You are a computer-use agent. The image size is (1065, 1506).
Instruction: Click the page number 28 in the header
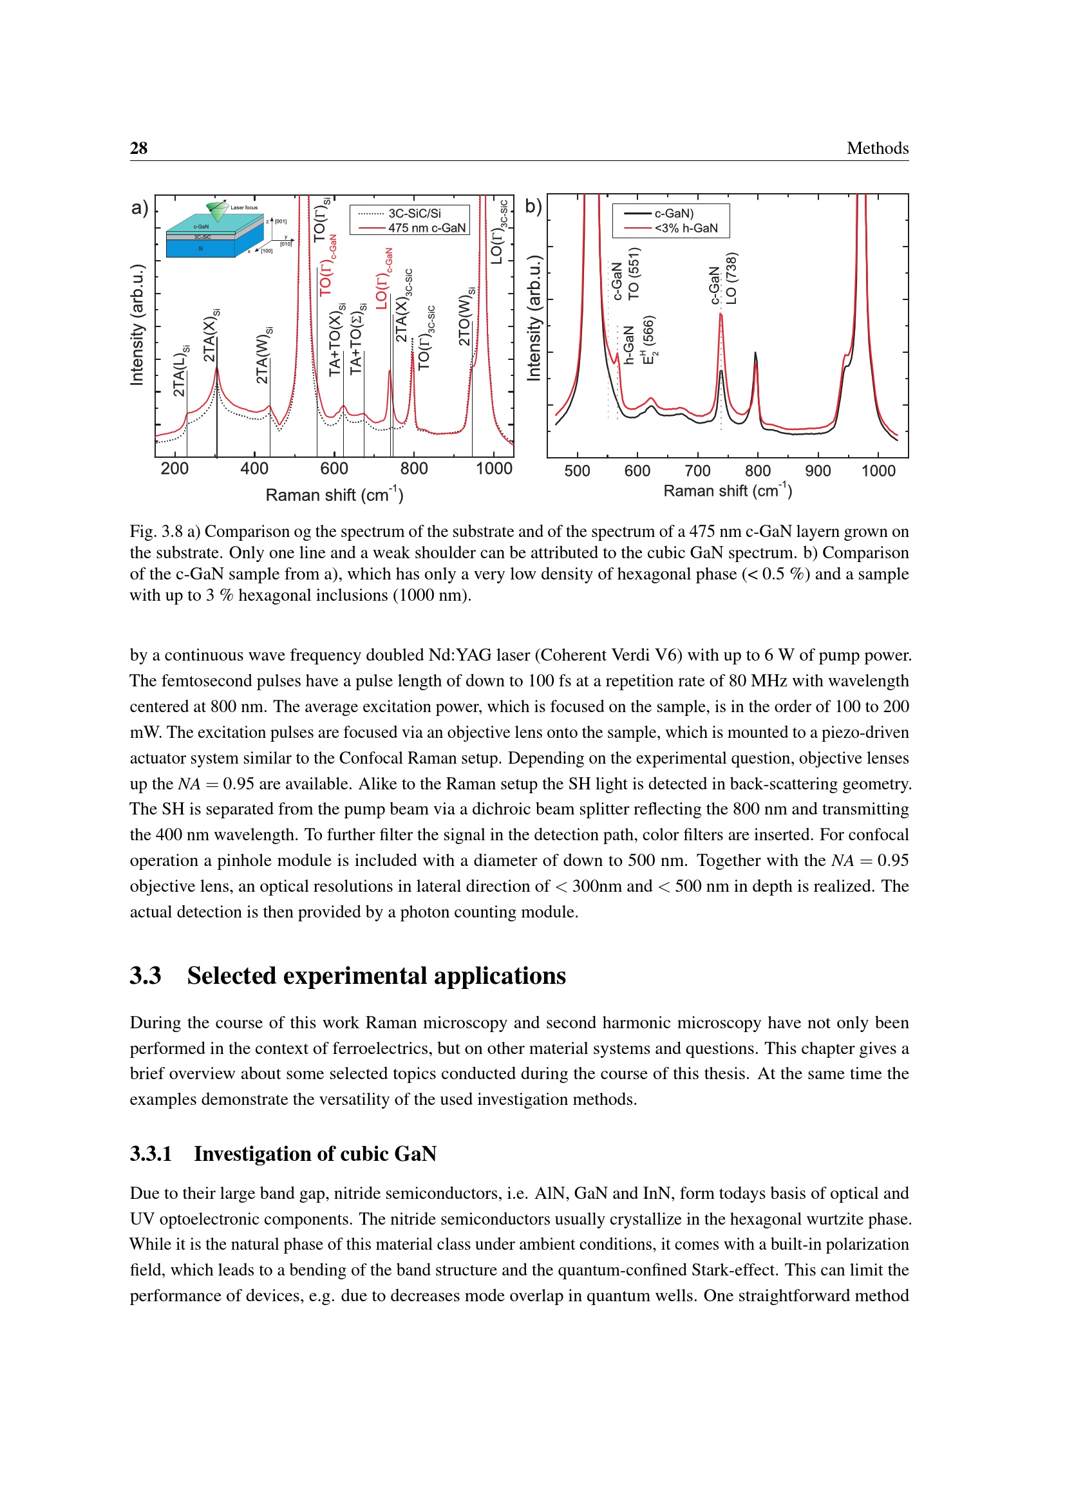pos(138,148)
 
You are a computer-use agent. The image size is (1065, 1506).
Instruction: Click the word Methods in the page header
pos(877,148)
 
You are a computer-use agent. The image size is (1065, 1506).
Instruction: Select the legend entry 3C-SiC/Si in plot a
pos(415,213)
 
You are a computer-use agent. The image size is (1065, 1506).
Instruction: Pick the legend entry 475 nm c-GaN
pos(426,227)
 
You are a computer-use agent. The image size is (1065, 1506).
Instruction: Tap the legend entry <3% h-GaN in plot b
pos(685,227)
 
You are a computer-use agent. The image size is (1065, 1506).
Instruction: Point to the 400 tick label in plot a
pos(254,468)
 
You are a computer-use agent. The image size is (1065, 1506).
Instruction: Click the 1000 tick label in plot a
pos(494,468)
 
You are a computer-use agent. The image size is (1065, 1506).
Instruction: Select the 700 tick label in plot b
pos(697,470)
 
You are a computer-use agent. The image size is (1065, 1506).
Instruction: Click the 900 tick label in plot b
pos(818,470)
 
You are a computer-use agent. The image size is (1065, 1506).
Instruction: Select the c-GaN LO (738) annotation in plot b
pos(723,278)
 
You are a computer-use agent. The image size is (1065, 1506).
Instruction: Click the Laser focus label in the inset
pos(244,207)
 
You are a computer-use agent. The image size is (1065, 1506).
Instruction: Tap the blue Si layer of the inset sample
pos(201,249)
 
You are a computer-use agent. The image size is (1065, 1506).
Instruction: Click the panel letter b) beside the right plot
pos(533,207)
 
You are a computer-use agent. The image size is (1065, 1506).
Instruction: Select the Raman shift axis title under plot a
pos(334,494)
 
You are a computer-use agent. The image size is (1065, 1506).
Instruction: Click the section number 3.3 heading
pos(146,976)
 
